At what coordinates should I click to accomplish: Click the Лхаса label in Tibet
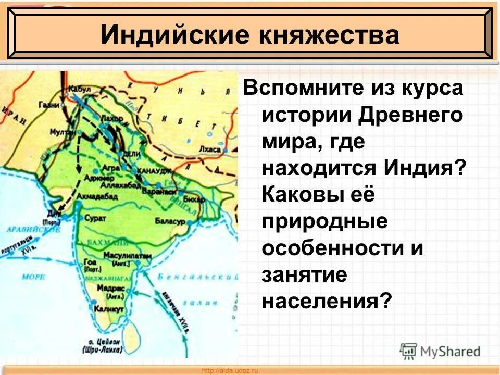209,148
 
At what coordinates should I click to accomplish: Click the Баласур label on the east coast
170,221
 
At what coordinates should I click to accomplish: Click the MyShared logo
440,351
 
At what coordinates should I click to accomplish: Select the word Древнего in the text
407,114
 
